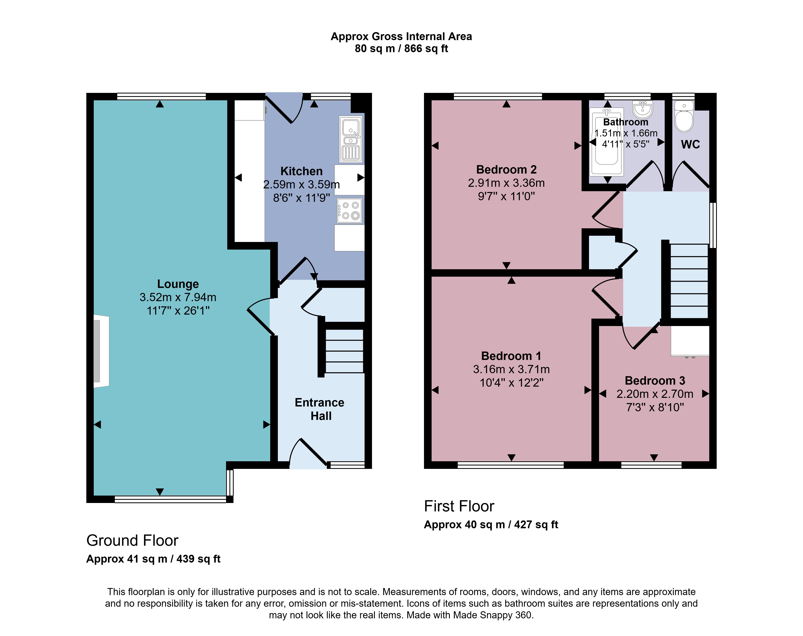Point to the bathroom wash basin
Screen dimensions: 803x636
pos(642,109)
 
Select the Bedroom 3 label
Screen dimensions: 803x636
pos(655,381)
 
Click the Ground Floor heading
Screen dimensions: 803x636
pos(132,540)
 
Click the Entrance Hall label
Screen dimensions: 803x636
pos(320,409)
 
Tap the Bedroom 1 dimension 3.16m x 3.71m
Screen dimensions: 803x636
pos(511,369)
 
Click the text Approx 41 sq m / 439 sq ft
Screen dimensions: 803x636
pos(153,559)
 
